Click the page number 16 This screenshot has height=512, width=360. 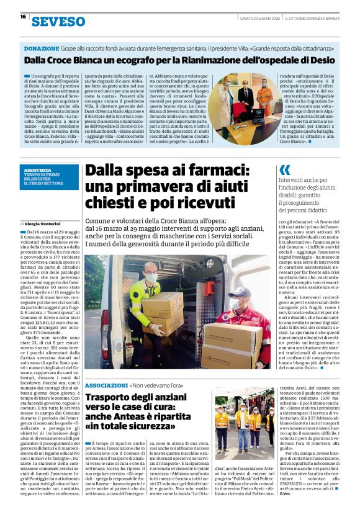(x=23, y=17)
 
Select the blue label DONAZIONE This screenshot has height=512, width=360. (x=42, y=48)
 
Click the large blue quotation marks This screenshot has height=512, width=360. (x=284, y=170)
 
